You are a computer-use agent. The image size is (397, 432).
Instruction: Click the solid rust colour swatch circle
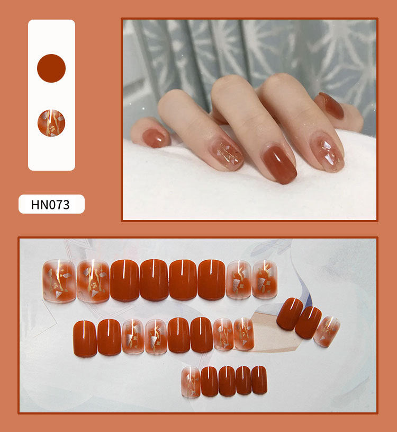tap(51, 68)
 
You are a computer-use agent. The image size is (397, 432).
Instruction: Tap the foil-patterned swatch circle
tap(51, 123)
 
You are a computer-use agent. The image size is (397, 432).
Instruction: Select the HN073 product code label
tap(51, 204)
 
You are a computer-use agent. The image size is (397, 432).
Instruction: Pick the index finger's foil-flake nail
tap(328, 152)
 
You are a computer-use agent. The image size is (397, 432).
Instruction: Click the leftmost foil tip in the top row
tap(59, 281)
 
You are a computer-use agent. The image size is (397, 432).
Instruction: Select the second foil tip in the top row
tap(93, 281)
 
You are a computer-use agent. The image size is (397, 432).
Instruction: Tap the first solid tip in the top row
tap(124, 280)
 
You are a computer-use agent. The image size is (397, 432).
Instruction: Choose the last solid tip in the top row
tap(211, 279)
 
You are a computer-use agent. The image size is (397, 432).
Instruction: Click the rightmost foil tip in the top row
tap(265, 279)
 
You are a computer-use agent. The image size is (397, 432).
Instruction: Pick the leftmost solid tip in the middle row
tap(85, 338)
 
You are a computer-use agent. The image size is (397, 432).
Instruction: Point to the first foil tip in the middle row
tap(133, 336)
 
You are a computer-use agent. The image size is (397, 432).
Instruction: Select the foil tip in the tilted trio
tap(327, 331)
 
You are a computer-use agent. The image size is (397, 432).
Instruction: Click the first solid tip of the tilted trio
tap(290, 314)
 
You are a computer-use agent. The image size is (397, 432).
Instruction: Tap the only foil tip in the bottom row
tap(191, 382)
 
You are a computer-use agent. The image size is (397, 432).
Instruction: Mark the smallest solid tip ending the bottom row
tap(259, 380)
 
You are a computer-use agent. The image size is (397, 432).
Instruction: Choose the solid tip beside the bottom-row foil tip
tap(210, 381)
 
